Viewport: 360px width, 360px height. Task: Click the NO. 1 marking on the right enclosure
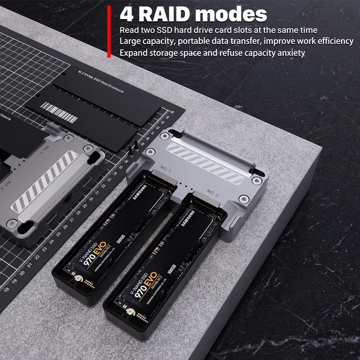(165, 168)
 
